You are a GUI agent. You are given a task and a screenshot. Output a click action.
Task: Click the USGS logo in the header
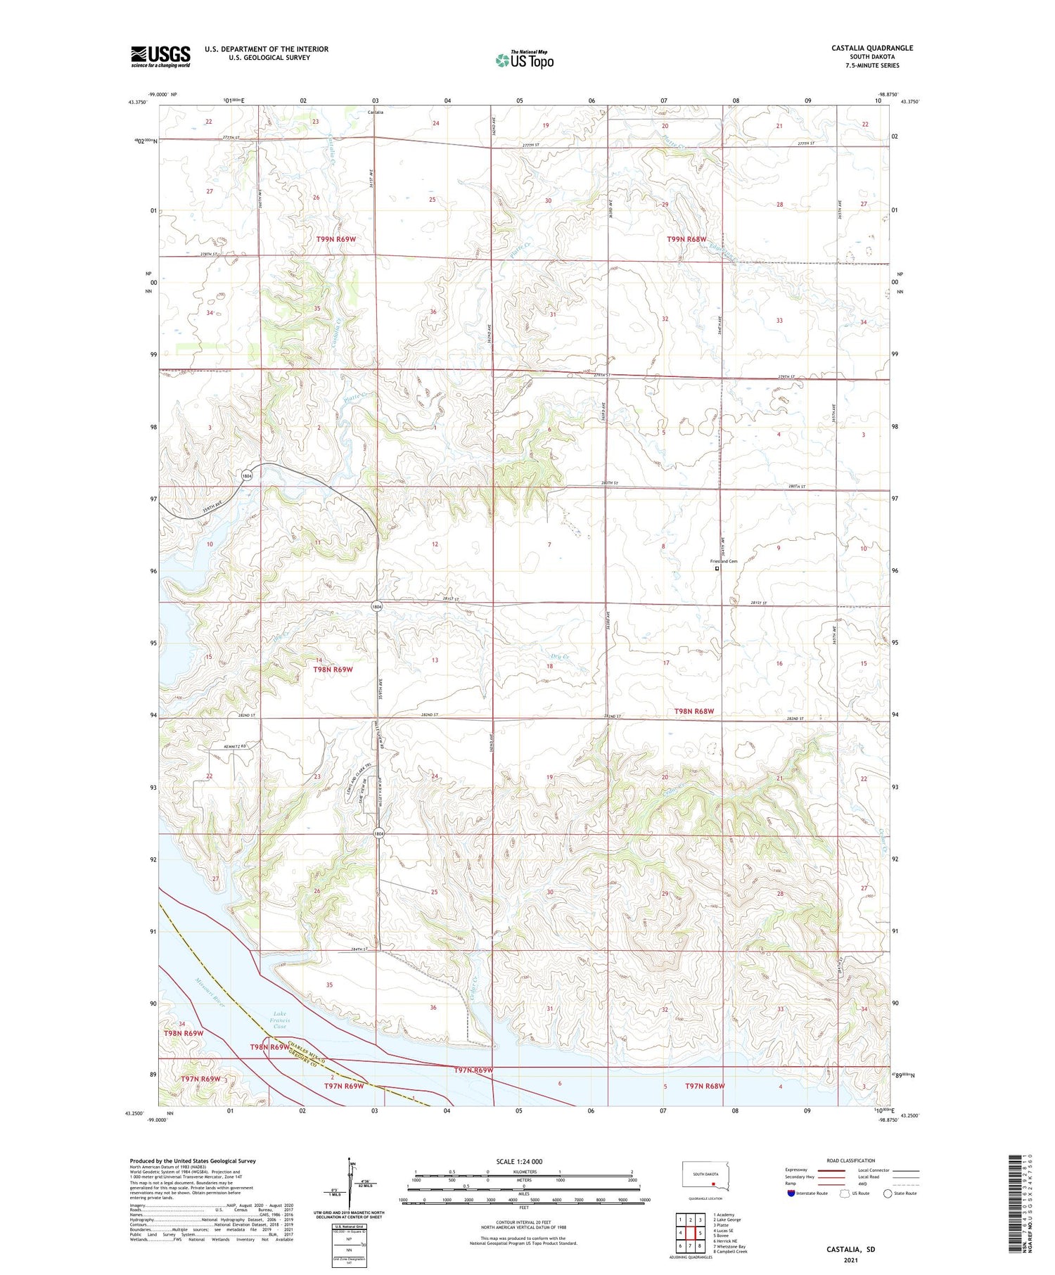click(160, 56)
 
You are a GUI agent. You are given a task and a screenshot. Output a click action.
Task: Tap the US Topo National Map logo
click(524, 60)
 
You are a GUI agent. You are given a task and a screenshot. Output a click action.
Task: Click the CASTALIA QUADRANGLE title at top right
click(871, 48)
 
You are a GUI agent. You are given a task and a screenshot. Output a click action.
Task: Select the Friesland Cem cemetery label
click(724, 561)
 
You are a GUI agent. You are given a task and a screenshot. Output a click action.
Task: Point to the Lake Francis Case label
click(279, 1020)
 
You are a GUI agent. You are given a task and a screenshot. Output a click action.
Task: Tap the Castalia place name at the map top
click(376, 112)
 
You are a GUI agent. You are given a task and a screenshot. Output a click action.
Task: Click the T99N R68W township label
click(686, 239)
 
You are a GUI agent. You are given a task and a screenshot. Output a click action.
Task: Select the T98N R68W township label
click(693, 711)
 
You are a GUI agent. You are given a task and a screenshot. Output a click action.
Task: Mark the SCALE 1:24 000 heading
click(519, 1162)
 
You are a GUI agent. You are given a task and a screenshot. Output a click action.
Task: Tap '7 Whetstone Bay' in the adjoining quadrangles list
click(729, 1246)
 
